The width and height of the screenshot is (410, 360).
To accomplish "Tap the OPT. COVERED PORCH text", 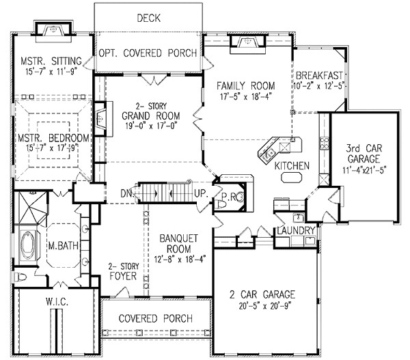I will coord(148,53).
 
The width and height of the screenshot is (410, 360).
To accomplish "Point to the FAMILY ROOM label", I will coord(246,86).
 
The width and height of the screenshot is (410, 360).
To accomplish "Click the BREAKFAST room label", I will coord(318,74).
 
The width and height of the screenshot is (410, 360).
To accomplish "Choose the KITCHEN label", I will coord(292,165).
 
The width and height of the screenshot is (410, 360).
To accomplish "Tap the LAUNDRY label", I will coord(296,230).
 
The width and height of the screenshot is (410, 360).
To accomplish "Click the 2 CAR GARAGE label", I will coord(267,295).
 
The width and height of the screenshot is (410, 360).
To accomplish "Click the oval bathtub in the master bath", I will coord(29,244).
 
